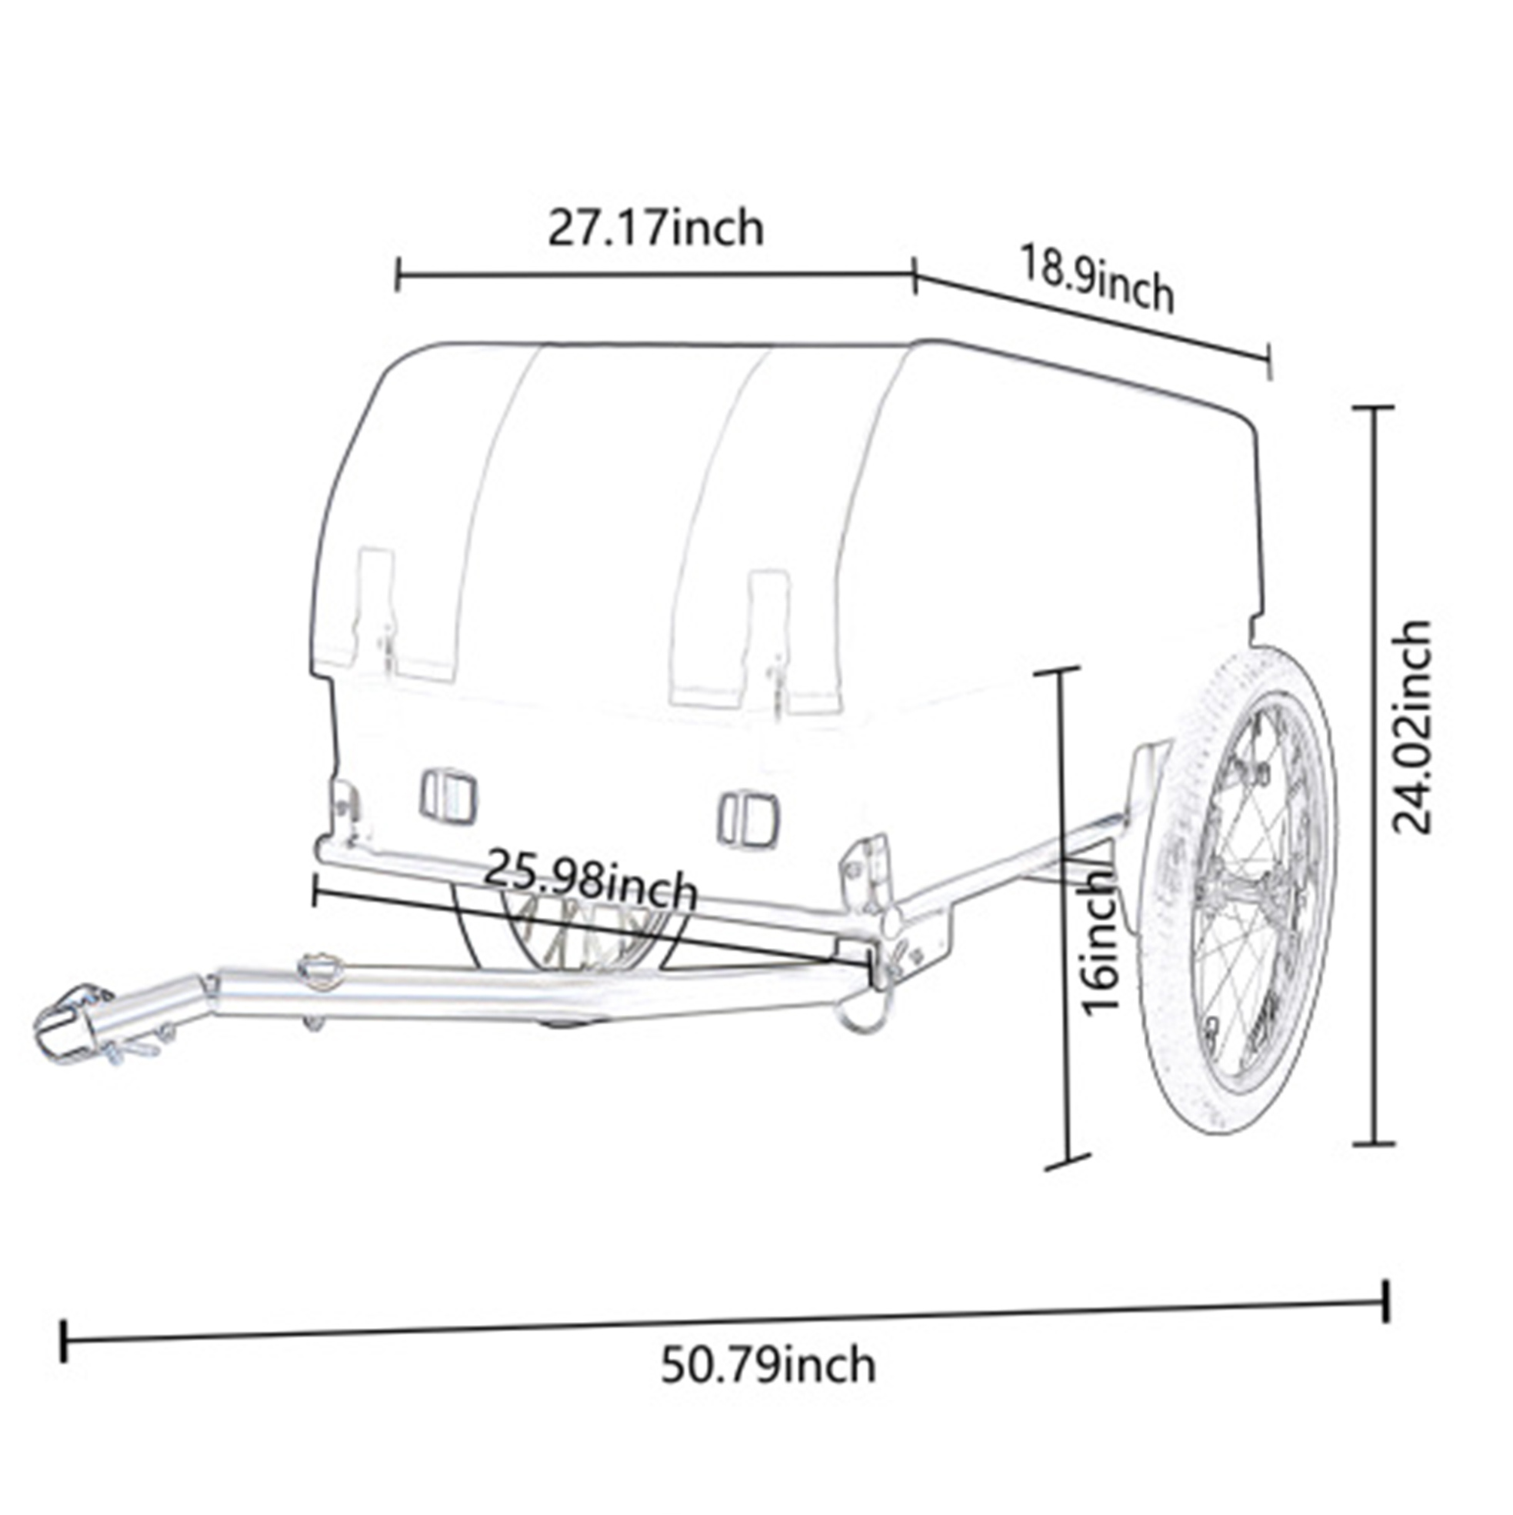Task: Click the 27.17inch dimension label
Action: pyautogui.click(x=655, y=229)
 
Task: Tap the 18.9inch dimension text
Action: pyautogui.click(x=1097, y=279)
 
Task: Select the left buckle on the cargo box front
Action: pyautogui.click(x=448, y=796)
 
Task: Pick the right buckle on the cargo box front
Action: pyautogui.click(x=748, y=820)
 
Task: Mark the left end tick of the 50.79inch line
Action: pyautogui.click(x=64, y=1342)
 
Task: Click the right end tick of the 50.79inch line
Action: pyautogui.click(x=1388, y=1304)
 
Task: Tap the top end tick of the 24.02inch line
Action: pyautogui.click(x=1375, y=409)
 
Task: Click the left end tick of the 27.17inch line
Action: pyautogui.click(x=398, y=275)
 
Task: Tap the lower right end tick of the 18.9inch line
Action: pyautogui.click(x=1269, y=362)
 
